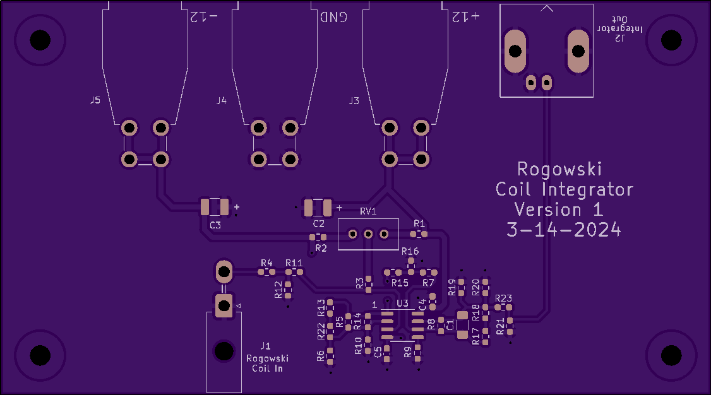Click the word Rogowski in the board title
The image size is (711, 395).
point(559,169)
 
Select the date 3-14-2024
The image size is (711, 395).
point(564,230)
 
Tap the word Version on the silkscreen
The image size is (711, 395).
point(547,209)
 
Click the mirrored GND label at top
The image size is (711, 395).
point(334,17)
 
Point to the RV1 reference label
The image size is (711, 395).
point(368,211)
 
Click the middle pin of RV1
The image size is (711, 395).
point(368,234)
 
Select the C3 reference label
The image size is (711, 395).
point(215,225)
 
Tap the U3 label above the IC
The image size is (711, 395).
point(403,303)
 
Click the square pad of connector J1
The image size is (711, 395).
point(224,306)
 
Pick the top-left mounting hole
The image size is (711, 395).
point(40,40)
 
